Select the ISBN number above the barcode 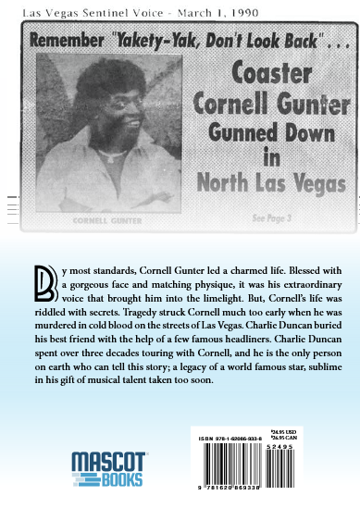[230, 427]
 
